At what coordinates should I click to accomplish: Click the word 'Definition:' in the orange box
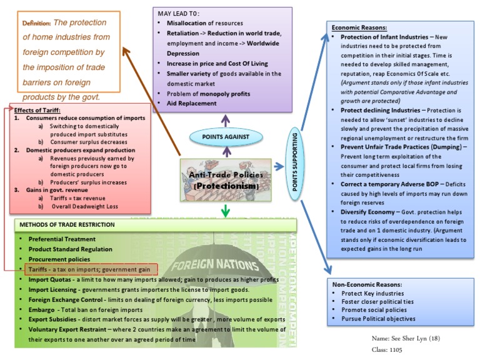[x=37, y=23]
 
